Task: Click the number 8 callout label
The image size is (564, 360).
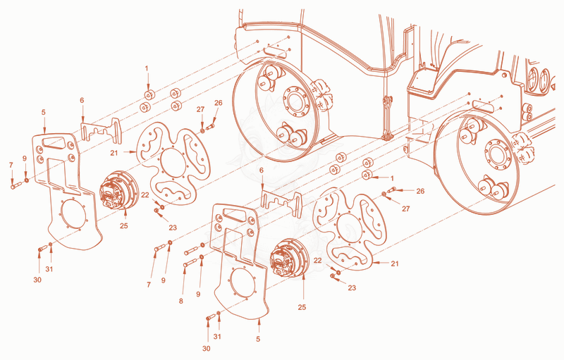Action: tap(181, 301)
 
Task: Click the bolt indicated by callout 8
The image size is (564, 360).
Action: tap(190, 263)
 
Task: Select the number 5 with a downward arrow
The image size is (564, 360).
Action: tap(44, 112)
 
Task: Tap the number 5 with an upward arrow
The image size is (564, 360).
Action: tap(258, 339)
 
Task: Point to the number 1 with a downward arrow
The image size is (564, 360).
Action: tap(147, 68)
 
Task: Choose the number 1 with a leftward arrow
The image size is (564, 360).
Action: tap(392, 178)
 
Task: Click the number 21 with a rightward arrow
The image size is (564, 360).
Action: tap(114, 153)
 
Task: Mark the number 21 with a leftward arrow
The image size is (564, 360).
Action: tap(395, 263)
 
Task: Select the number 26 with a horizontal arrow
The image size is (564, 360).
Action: tap(420, 191)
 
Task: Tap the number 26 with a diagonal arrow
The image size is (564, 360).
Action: tap(218, 103)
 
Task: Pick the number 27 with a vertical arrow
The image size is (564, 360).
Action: tap(200, 110)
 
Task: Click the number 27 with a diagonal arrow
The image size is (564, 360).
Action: tap(406, 209)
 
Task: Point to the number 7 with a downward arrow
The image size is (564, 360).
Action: tap(11, 166)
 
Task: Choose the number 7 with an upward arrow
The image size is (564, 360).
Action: tap(149, 285)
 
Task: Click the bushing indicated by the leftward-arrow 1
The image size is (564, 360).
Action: tap(367, 175)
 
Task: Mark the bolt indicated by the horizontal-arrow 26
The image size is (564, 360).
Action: tap(391, 190)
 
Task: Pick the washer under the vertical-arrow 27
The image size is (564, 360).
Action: tap(202, 130)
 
